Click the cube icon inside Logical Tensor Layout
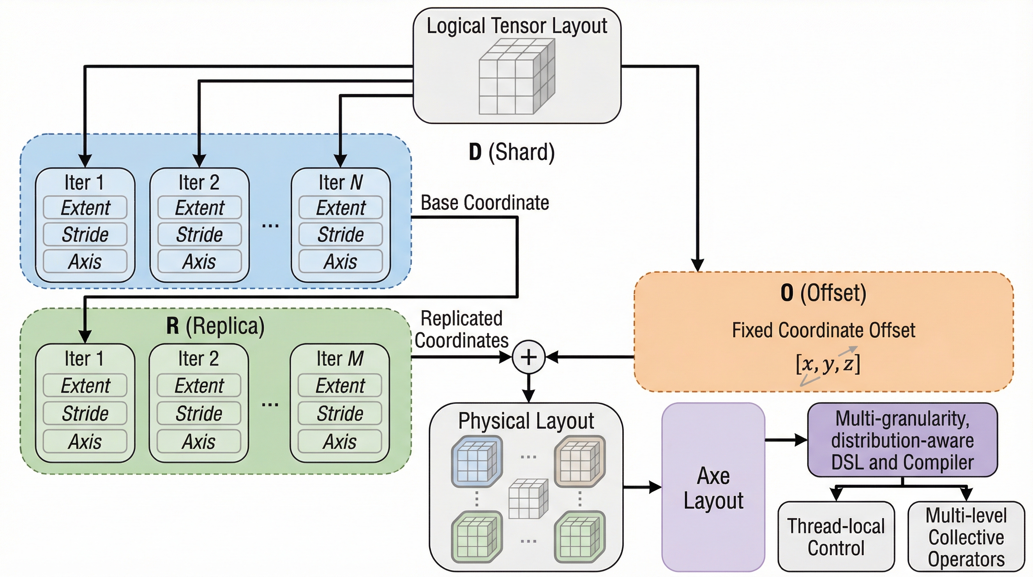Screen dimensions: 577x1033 516,76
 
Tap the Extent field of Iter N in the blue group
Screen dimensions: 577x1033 340,207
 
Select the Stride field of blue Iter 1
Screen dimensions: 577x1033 85,234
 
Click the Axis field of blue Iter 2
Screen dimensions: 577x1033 199,261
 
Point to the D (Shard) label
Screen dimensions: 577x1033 511,152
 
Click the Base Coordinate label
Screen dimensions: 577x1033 485,202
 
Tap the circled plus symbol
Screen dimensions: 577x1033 529,357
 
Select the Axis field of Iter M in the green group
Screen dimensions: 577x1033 340,441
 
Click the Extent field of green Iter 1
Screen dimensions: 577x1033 85,385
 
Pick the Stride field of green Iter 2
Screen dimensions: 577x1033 199,413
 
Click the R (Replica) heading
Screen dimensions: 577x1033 215,326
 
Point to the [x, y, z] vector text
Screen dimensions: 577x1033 828,364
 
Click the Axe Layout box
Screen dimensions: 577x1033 713,487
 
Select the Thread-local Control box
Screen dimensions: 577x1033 836,536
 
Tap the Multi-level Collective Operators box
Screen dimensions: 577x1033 966,536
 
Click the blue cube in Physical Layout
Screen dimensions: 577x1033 477,461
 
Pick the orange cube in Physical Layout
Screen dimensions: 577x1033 580,461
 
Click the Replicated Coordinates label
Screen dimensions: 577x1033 461,329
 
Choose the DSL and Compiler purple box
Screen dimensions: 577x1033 902,440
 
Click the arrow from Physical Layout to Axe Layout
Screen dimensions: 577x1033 642,487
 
